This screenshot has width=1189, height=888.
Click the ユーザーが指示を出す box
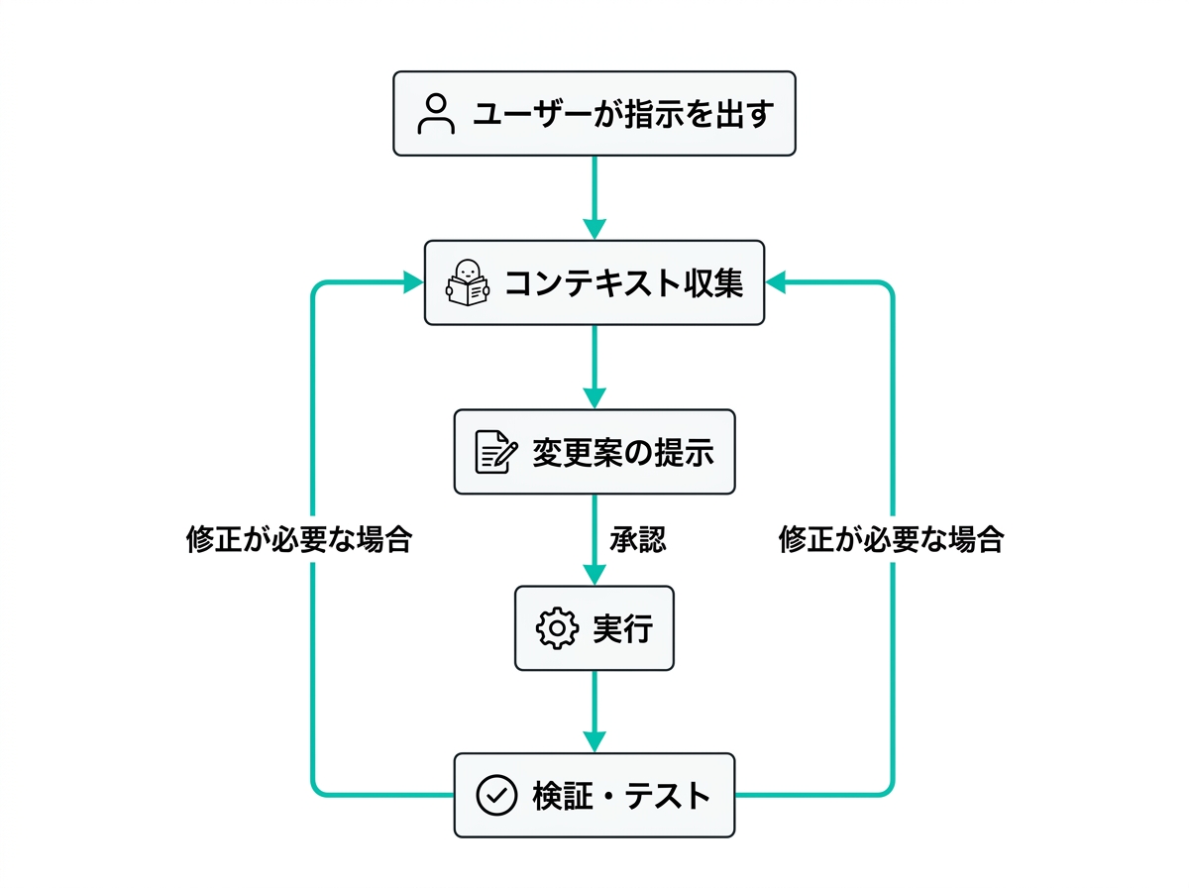coord(594,113)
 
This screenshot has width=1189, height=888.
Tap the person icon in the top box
coord(435,114)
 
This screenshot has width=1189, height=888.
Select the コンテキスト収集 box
coord(594,282)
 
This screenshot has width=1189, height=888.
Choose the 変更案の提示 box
coord(594,452)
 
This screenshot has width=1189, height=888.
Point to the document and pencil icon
coord(495,453)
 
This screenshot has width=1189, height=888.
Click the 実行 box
coord(594,627)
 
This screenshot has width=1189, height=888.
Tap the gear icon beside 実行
coord(556,628)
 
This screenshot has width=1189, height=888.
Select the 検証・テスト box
coord(594,795)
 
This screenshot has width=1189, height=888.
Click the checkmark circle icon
coord(496,795)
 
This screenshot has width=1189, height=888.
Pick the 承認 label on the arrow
coord(637,539)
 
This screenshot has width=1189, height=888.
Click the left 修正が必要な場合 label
coord(298,539)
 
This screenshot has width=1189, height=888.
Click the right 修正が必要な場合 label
coord(891,539)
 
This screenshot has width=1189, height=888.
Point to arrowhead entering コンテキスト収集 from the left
coord(413,283)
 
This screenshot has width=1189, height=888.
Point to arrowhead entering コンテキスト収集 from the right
coord(776,283)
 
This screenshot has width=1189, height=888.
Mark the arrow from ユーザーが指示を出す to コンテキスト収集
coord(594,193)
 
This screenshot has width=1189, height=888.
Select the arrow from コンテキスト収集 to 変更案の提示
coord(594,363)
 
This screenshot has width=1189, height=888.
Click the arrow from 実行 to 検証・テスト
coord(594,708)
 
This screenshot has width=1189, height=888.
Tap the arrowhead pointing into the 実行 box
coord(594,575)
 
